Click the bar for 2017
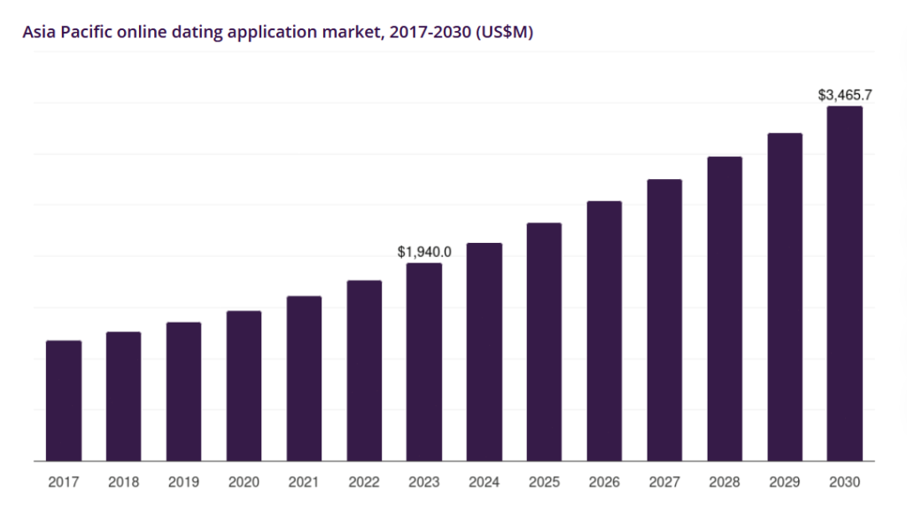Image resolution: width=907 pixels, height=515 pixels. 64,401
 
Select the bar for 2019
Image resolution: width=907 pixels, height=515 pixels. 184,392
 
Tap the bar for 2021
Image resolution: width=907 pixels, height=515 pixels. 305,378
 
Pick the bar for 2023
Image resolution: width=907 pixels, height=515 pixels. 424,363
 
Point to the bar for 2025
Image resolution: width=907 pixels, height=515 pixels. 545,342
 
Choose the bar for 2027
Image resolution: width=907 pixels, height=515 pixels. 664,320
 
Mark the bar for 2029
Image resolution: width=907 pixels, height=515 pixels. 785,297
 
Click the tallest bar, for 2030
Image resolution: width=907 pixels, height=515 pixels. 844,284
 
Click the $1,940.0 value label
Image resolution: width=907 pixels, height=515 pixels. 424,252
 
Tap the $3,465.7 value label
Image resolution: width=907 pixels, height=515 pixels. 844,95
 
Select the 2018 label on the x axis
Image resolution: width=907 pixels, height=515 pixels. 123,482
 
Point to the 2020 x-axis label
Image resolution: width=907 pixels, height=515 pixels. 244,482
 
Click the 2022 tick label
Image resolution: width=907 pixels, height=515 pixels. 364,482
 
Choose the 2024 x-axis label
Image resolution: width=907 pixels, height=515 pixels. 485,482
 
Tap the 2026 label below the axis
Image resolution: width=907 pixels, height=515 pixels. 604,482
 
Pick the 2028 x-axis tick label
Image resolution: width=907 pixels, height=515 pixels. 725,482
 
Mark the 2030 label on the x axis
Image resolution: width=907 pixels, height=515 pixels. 844,482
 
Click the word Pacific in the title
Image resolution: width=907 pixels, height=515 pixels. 86,31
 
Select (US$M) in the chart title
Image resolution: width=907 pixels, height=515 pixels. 504,32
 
